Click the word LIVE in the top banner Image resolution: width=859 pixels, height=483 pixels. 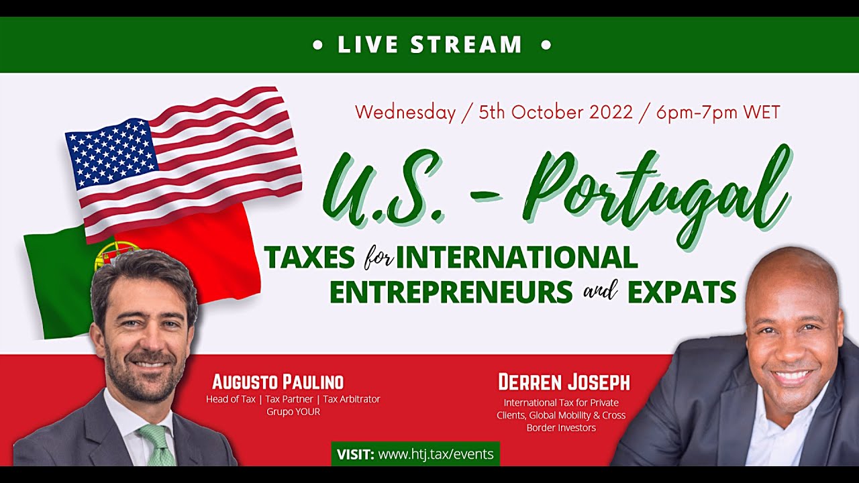pyautogui.click(x=368, y=44)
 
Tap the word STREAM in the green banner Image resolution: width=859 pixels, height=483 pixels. pyautogui.click(x=466, y=44)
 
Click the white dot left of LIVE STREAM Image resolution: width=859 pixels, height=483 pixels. pyautogui.click(x=318, y=45)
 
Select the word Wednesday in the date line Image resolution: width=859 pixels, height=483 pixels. pyautogui.click(x=405, y=112)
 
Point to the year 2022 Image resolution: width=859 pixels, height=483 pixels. pyautogui.click(x=611, y=112)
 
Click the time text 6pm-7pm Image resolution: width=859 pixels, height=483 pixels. pyautogui.click(x=697, y=112)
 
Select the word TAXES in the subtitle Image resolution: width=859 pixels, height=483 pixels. pyautogui.click(x=309, y=257)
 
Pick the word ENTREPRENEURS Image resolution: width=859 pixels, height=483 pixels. pyautogui.click(x=451, y=292)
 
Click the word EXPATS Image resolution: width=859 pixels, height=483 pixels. pyautogui.click(x=682, y=292)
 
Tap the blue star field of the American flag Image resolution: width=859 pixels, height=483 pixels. pyautogui.click(x=112, y=153)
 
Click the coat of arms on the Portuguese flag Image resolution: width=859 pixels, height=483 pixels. pyautogui.click(x=111, y=255)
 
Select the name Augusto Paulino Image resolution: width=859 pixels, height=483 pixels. pyautogui.click(x=278, y=382)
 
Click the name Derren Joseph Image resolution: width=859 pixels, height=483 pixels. pyautogui.click(x=564, y=382)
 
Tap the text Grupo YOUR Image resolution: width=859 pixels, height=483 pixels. pyautogui.click(x=293, y=412)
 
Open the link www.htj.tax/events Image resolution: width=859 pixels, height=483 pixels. pyautogui.click(x=436, y=454)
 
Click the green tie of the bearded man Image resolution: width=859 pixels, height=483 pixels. pyautogui.click(x=158, y=445)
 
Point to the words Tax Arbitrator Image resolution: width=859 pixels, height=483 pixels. pyautogui.click(x=352, y=399)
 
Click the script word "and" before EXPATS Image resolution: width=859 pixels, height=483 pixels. pyautogui.click(x=600, y=290)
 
